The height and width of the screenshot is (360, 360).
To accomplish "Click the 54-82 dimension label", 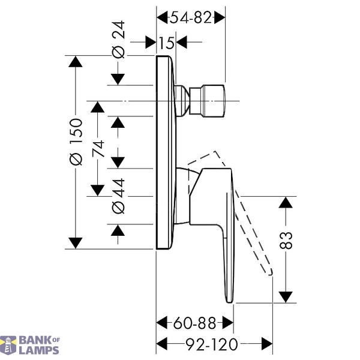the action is [x=190, y=17].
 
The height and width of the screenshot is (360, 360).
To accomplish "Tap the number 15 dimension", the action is [x=166, y=43].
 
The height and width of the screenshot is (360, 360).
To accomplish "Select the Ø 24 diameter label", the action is [x=118, y=40].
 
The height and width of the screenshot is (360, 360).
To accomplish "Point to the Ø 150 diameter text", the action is [x=76, y=142].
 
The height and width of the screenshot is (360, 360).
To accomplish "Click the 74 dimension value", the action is [x=98, y=149].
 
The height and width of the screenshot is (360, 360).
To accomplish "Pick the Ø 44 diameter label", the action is [x=118, y=196].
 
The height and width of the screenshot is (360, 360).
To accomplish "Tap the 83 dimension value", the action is [x=286, y=241].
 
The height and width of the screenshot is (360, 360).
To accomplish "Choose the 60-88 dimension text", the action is [x=194, y=323].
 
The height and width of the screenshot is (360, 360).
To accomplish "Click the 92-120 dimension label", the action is [x=212, y=344].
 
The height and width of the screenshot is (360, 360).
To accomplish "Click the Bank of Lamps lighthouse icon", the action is [x=8, y=346].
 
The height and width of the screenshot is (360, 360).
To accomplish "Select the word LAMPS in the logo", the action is [x=39, y=350].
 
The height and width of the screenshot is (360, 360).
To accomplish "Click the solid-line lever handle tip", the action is [x=229, y=301].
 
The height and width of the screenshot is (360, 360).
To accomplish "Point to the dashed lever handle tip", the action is [x=271, y=273].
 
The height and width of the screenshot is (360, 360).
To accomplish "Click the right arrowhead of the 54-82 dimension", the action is [x=220, y=17].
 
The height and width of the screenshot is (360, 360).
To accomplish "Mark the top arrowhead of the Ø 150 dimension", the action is [x=76, y=62].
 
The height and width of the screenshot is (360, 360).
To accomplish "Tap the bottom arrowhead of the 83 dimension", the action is [x=286, y=297].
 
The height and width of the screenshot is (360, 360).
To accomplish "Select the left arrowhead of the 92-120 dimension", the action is [x=161, y=344].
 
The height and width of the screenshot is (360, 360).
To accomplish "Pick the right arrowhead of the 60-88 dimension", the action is [x=228, y=323].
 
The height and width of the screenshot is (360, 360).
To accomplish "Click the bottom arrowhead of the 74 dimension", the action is [x=98, y=191].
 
